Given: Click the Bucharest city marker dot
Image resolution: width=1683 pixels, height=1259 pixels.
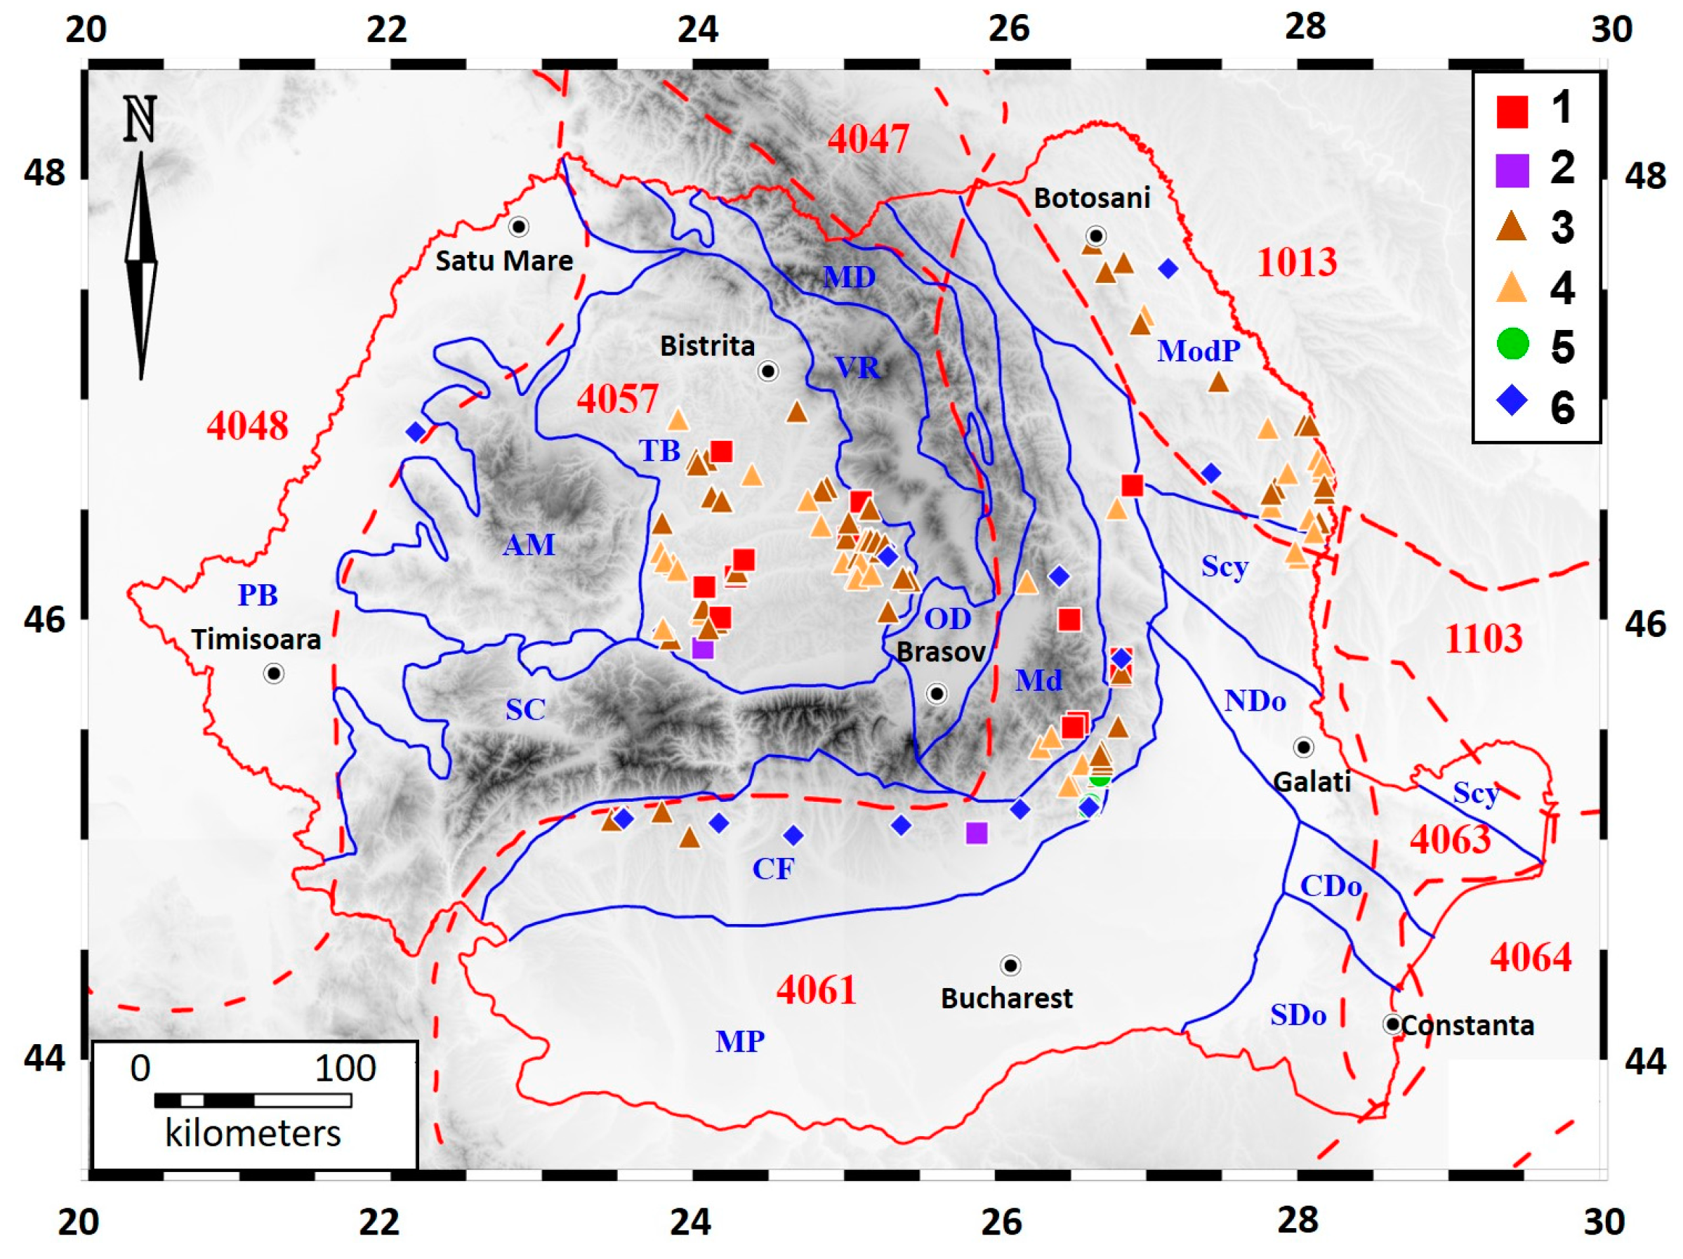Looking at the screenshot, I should pyautogui.click(x=1010, y=965).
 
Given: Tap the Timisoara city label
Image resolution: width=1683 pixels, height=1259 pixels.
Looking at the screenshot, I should pyautogui.click(x=256, y=639).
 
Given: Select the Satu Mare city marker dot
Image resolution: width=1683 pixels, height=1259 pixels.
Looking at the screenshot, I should pyautogui.click(x=519, y=227).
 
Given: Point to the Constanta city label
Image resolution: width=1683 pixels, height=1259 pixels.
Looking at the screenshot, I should pyautogui.click(x=1467, y=1025).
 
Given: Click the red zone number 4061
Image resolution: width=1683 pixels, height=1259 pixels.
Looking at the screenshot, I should pyautogui.click(x=817, y=989).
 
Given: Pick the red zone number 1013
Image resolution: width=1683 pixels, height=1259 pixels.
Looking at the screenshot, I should pyautogui.click(x=1297, y=263).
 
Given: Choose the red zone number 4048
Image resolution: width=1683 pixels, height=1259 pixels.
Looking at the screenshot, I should pyautogui.click(x=247, y=426).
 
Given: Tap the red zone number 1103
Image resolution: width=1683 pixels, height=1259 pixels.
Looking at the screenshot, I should pyautogui.click(x=1483, y=638).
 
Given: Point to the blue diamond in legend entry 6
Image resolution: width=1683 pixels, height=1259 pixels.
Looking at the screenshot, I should pyautogui.click(x=1512, y=400).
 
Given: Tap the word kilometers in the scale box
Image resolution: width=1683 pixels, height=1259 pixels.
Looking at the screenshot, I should pyautogui.click(x=253, y=1133).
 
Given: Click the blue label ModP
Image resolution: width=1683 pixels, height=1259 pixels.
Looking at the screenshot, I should pyautogui.click(x=1199, y=350).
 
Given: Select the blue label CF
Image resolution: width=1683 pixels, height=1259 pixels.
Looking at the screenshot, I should pyautogui.click(x=773, y=869).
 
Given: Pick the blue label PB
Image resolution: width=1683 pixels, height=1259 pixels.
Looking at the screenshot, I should pyautogui.click(x=257, y=595).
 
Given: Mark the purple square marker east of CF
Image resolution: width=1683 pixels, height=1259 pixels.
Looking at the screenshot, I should pyautogui.click(x=977, y=833).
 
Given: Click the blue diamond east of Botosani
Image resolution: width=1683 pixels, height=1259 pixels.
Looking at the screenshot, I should pyautogui.click(x=1168, y=268).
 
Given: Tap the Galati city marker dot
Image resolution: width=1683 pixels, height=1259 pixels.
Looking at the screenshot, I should pyautogui.click(x=1303, y=747).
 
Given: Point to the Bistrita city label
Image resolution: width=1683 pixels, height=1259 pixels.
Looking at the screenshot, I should pyautogui.click(x=707, y=346).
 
